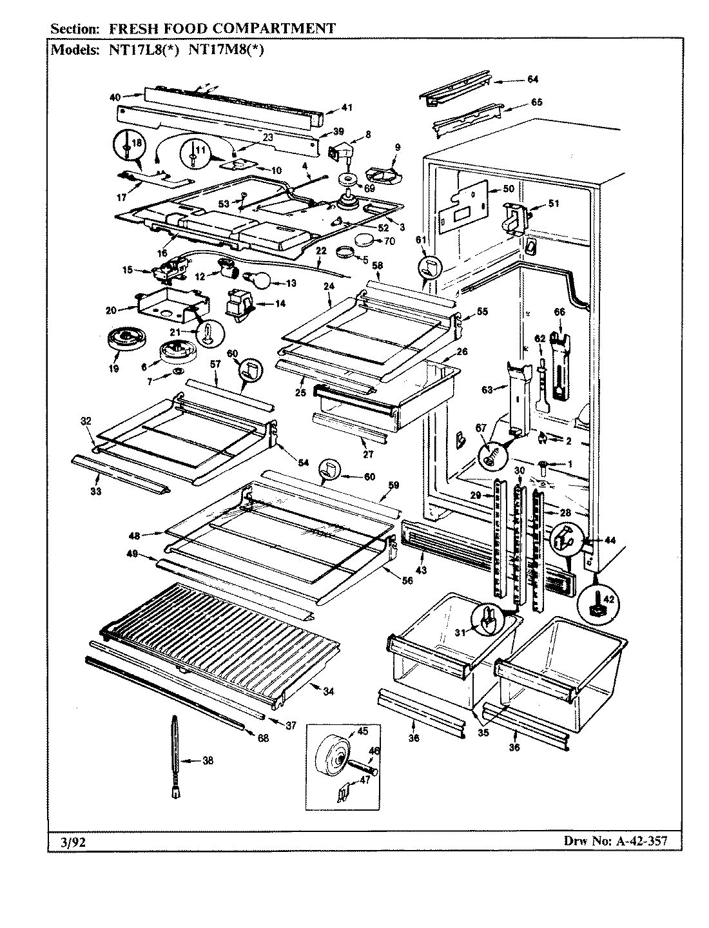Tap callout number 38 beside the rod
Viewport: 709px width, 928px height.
click(x=208, y=760)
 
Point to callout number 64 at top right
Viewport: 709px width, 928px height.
click(x=532, y=80)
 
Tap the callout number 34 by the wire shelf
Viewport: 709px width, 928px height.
click(x=329, y=691)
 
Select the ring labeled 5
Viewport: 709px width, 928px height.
click(x=346, y=252)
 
